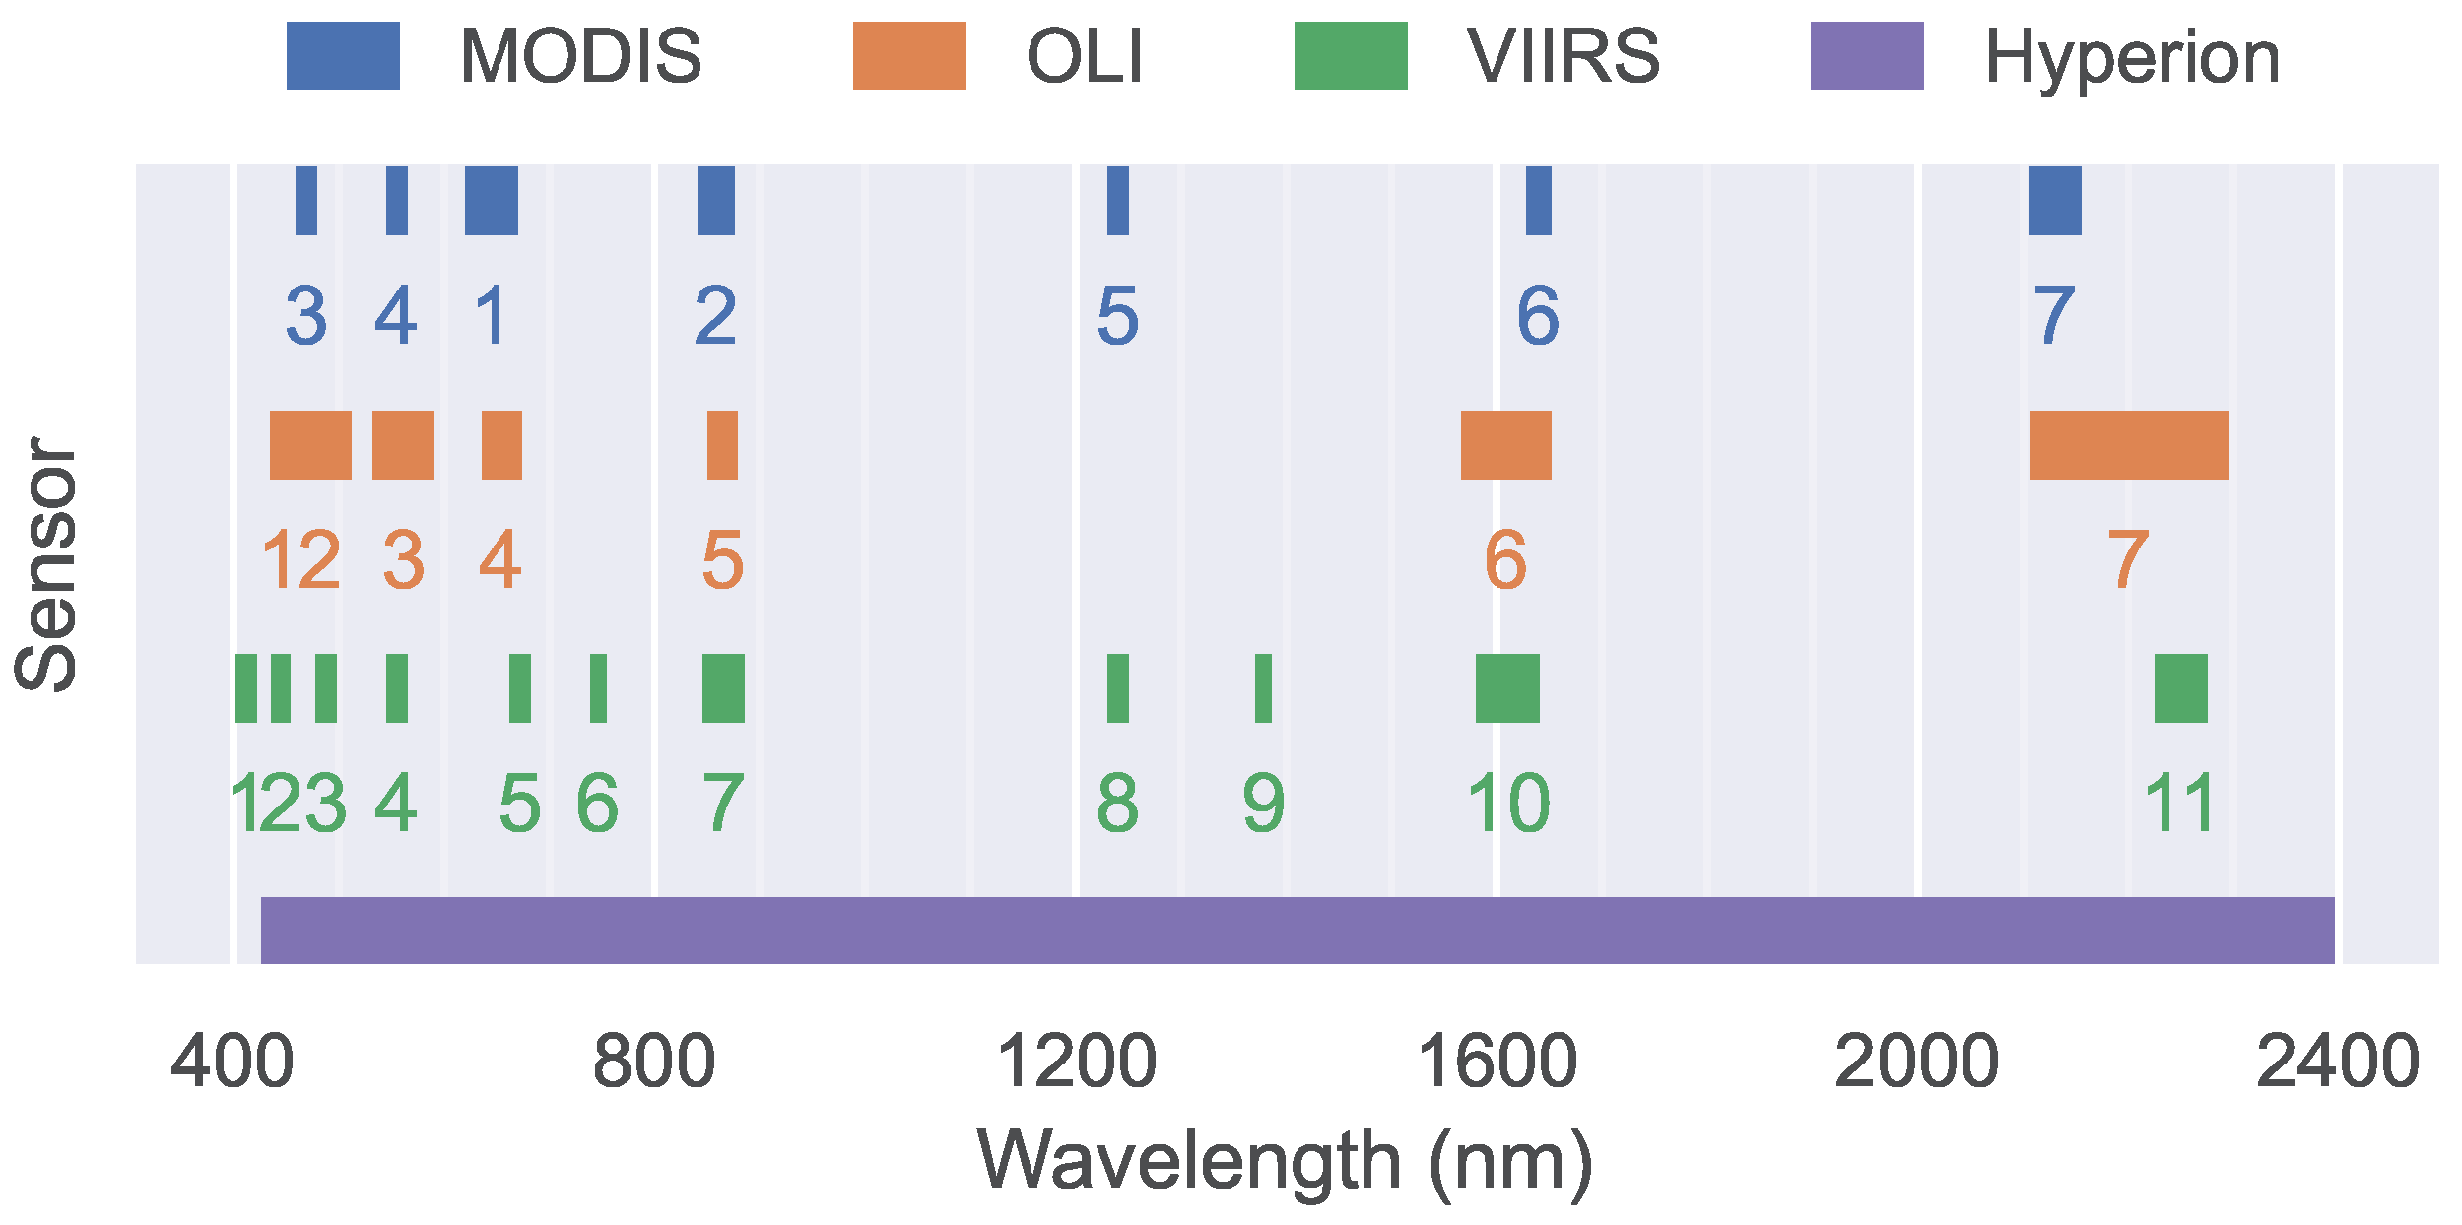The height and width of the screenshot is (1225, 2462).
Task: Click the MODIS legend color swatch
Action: pyautogui.click(x=343, y=56)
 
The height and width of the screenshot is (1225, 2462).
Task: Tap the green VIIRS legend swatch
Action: pyautogui.click(x=1350, y=56)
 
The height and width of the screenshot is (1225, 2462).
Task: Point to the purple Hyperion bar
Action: pyautogui.click(x=1297, y=930)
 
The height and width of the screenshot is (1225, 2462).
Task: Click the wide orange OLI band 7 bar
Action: pyautogui.click(x=2128, y=445)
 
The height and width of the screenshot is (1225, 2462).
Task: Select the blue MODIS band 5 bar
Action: pyautogui.click(x=1117, y=201)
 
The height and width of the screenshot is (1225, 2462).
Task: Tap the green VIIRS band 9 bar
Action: pyautogui.click(x=1263, y=687)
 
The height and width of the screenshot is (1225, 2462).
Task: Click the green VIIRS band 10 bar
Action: pyautogui.click(x=1506, y=687)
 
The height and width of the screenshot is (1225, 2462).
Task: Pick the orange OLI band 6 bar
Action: pyautogui.click(x=1505, y=445)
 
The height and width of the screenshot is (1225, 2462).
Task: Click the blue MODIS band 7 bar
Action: pyautogui.click(x=2054, y=201)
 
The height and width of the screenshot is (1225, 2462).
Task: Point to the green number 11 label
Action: pyautogui.click(x=2179, y=804)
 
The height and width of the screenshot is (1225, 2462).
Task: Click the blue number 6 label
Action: pyautogui.click(x=1537, y=316)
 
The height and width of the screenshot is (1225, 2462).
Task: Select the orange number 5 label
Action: pyautogui.click(x=722, y=560)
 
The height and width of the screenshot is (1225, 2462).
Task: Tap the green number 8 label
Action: pyautogui.click(x=1117, y=804)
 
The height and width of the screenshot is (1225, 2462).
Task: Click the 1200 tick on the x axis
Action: pyautogui.click(x=1076, y=1063)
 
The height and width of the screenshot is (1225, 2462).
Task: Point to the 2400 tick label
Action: pyautogui.click(x=2337, y=1063)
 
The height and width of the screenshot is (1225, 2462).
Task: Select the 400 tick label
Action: pyautogui.click(x=233, y=1063)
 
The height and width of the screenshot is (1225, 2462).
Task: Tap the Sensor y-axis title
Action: pyautogui.click(x=45, y=564)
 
